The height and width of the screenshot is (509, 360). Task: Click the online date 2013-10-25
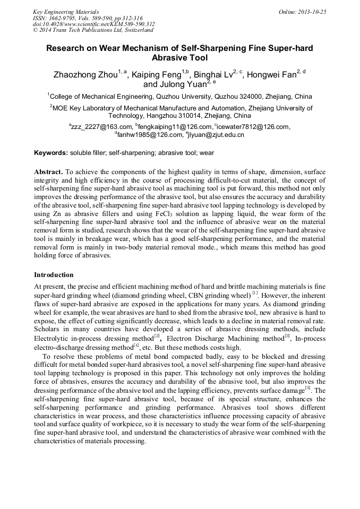(311, 12)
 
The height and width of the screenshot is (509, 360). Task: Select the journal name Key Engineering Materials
(66, 12)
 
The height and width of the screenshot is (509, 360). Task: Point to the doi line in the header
(94, 24)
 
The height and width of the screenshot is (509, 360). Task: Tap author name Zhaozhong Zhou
(85, 75)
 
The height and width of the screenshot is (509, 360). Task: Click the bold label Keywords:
(51, 153)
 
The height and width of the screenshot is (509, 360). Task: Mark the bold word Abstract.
(48, 172)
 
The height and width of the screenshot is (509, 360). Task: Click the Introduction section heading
(54, 275)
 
